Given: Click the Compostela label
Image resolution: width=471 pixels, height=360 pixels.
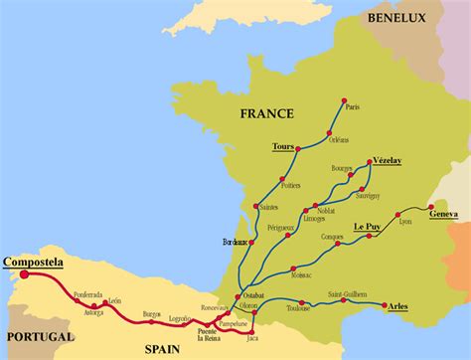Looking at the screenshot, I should (33, 263).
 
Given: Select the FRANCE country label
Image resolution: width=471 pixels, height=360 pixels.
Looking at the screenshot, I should (267, 114).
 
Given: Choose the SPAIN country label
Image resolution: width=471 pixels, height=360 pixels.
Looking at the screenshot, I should (196, 350).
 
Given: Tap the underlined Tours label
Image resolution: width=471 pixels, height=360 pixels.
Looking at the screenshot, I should (283, 146).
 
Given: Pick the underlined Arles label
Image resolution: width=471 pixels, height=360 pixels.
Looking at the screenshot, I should (397, 306).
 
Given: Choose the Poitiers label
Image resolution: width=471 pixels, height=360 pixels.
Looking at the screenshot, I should (290, 185).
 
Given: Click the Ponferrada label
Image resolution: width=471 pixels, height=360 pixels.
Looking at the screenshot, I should (87, 293).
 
